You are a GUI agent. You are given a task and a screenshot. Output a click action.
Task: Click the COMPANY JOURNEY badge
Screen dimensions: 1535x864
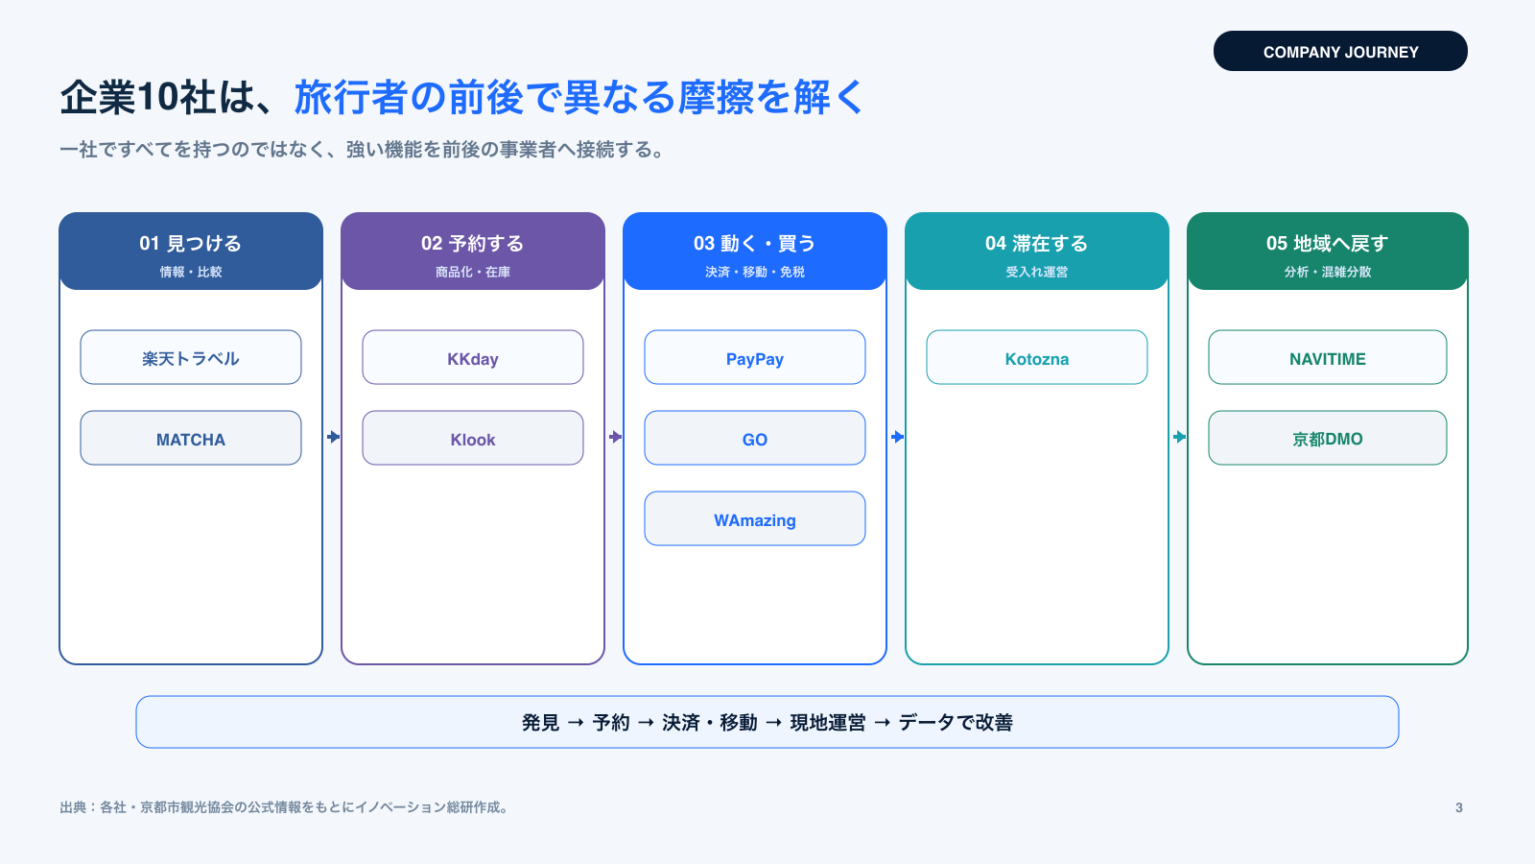pos(1340,51)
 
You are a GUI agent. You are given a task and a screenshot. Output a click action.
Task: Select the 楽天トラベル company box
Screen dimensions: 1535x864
pos(191,357)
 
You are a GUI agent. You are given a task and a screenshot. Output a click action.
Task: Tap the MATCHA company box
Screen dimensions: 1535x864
pos(191,438)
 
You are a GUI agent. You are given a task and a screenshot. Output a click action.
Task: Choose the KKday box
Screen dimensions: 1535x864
pos(473,357)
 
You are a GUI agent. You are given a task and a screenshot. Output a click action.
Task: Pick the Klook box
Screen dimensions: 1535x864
pos(473,438)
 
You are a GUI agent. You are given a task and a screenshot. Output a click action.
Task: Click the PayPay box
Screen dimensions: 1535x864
pos(754,357)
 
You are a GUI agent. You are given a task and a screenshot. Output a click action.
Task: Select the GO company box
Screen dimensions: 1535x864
pos(754,438)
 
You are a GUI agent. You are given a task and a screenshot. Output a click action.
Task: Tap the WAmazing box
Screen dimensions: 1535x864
pos(754,518)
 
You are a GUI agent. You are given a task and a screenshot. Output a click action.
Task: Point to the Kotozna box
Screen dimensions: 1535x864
pos(1037,357)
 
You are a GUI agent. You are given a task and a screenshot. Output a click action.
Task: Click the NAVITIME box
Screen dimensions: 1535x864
pos(1328,357)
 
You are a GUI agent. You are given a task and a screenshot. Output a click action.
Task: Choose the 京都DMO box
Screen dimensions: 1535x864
pos(1328,438)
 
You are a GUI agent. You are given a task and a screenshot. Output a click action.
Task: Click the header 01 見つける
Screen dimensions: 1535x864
pos(191,244)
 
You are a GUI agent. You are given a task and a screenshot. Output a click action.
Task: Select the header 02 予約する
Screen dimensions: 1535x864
pos(473,244)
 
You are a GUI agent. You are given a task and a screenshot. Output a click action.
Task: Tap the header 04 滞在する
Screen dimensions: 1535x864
pos(1037,244)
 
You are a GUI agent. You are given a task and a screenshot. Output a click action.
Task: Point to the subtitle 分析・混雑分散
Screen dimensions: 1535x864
pos(1328,273)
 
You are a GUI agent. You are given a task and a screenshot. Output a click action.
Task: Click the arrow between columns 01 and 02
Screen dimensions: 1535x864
pos(333,437)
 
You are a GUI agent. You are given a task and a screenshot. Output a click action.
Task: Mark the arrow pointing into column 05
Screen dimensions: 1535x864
pos(1179,437)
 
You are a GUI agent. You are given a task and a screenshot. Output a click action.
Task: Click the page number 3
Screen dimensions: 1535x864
pos(1459,807)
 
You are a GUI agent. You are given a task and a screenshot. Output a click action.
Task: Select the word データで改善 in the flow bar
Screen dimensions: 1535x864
pos(956,723)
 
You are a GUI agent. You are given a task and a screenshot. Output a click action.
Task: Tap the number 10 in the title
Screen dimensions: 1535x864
pos(157,97)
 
